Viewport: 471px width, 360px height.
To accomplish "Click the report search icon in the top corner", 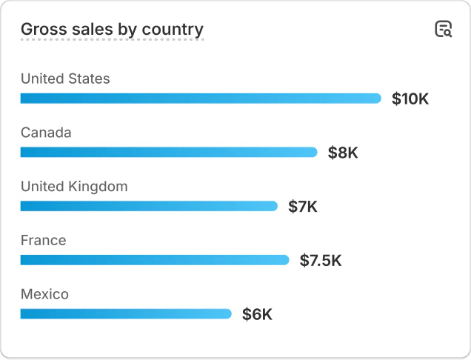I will click(x=443, y=30).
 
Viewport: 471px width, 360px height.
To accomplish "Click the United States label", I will click(x=65, y=79).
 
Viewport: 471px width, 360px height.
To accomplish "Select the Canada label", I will click(x=46, y=133).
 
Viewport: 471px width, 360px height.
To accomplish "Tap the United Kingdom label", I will click(x=74, y=187).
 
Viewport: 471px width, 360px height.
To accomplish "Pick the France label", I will click(x=43, y=241).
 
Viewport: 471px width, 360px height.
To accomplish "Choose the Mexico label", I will click(x=44, y=295).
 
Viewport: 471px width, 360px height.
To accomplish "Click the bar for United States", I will click(x=200, y=99).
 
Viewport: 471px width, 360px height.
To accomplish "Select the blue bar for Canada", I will click(x=168, y=153).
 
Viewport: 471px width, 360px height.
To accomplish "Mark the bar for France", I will click(x=154, y=260).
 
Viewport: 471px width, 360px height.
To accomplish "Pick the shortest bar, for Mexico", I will click(x=126, y=314).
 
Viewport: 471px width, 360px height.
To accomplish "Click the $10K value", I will click(x=410, y=99).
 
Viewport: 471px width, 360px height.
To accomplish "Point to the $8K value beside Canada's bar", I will click(x=343, y=153).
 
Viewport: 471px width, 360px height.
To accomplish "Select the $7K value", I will click(x=303, y=207).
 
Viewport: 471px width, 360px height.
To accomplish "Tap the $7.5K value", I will click(x=321, y=260).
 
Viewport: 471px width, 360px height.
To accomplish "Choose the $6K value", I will click(x=257, y=314).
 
